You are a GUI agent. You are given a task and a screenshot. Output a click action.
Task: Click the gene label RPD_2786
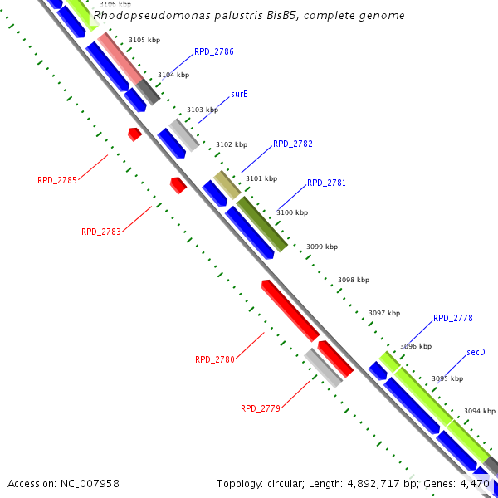coord(214,51)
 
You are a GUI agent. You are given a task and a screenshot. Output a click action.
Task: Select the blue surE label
coord(240,95)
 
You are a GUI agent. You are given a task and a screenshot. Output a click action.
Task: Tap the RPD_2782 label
coord(293,144)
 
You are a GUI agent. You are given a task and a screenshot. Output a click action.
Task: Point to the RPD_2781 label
coord(327,183)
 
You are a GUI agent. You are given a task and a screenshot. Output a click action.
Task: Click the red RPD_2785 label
coord(57,180)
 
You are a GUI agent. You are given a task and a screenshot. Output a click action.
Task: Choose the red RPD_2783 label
coord(101,232)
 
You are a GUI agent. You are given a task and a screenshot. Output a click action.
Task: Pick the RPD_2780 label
coord(215,359)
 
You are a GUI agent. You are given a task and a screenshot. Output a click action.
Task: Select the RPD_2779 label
coord(261,408)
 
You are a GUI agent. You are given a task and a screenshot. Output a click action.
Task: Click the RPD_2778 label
coord(453,318)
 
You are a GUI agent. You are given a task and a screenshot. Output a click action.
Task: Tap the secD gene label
coord(476,352)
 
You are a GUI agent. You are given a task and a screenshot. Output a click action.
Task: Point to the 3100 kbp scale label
coord(292,212)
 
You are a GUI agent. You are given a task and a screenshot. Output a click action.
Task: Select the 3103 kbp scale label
coord(203,110)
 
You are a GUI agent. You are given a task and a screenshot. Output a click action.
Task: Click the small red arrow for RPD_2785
coord(134,134)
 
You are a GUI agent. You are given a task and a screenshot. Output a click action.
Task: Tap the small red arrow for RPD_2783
coord(178,185)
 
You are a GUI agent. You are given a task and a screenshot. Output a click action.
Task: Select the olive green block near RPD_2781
coord(262,223)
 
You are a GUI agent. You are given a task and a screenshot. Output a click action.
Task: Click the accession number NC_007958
coord(63,483)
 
